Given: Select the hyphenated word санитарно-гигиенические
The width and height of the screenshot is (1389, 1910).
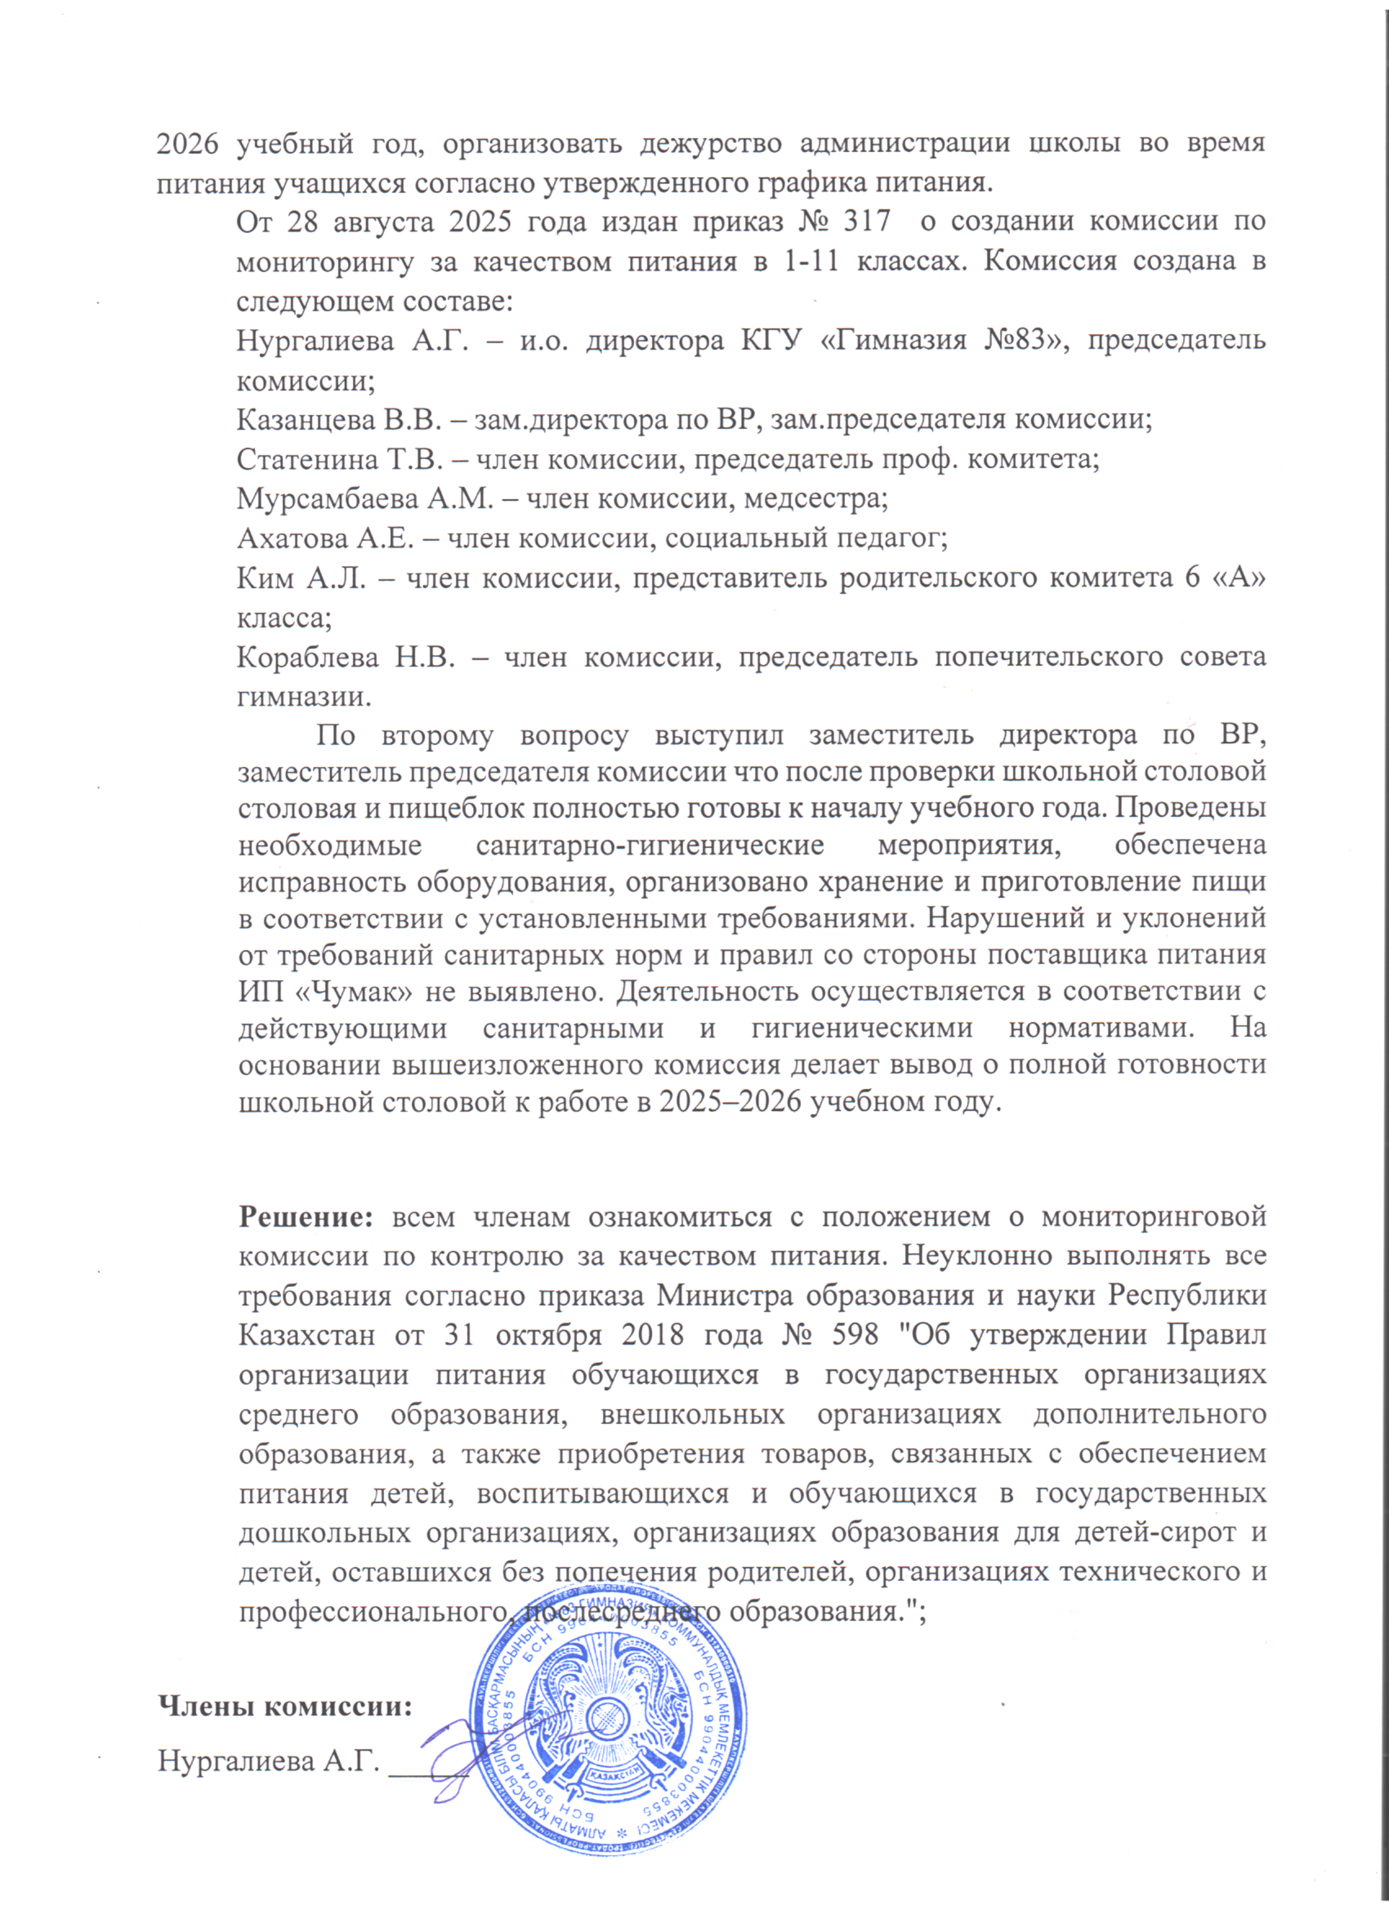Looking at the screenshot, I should point(650,844).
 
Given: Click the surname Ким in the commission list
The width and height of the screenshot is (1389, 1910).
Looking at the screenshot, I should point(265,578).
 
